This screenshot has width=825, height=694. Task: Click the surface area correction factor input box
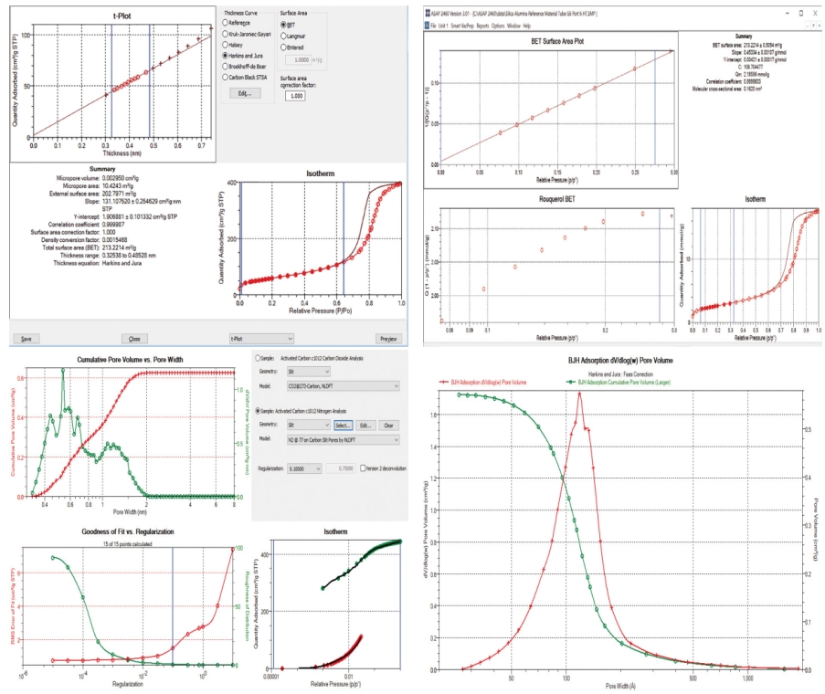point(295,96)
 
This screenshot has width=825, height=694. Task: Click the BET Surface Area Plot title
point(558,42)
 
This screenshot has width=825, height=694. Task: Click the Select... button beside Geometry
point(342,426)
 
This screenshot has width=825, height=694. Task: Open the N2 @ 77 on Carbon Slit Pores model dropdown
point(343,440)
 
